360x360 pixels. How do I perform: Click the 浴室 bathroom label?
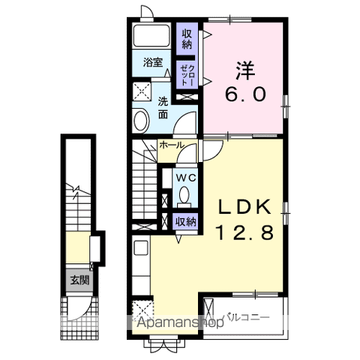point(153,62)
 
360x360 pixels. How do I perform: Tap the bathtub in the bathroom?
point(151,35)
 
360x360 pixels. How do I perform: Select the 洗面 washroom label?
point(163,108)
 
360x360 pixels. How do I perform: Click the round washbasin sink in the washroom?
point(141,120)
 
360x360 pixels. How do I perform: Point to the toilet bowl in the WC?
point(184,194)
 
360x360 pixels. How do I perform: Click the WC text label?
point(186,178)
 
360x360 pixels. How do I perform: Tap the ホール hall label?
point(172,145)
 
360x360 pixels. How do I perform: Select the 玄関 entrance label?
point(79,280)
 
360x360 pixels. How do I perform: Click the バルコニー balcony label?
point(247,318)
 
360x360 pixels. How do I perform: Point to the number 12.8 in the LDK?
point(245,232)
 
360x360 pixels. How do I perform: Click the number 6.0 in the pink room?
point(244,94)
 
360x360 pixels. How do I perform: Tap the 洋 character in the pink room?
point(244,70)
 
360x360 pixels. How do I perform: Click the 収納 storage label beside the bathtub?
point(187,39)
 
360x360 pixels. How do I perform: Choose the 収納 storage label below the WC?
point(185,221)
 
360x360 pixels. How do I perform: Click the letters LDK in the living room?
point(245,207)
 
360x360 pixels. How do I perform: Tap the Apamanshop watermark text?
point(181,322)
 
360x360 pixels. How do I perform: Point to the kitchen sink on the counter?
point(141,247)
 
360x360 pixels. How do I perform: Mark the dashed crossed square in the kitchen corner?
point(142,310)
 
